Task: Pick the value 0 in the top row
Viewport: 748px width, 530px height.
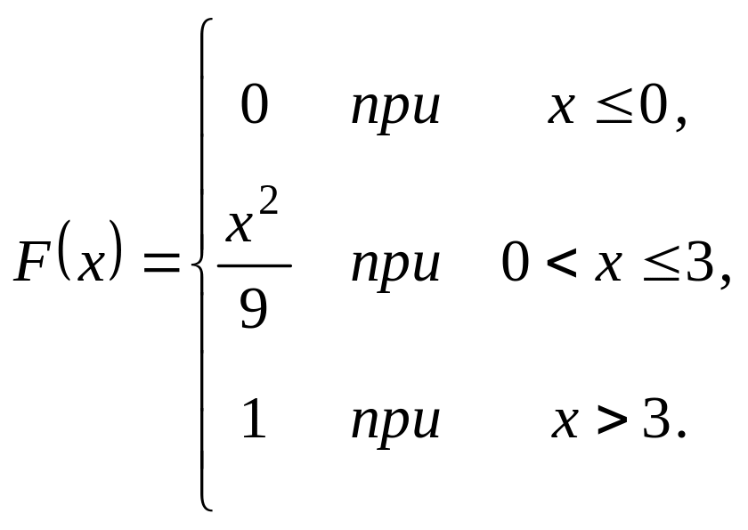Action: tap(254, 108)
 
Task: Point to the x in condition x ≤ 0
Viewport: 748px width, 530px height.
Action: tap(561, 109)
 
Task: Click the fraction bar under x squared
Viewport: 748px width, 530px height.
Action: tap(254, 265)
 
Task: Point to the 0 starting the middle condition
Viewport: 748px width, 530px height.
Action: tap(516, 265)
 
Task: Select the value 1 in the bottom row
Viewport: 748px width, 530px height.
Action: tap(254, 420)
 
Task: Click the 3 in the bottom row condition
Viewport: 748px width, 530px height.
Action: tap(656, 420)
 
